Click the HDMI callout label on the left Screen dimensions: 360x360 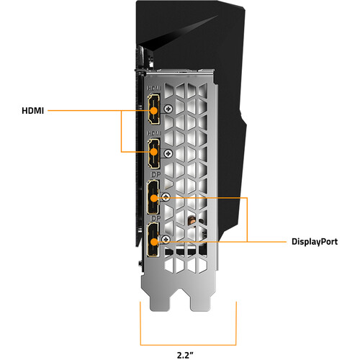32,111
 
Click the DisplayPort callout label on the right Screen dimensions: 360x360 315,241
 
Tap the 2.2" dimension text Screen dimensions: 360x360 185,355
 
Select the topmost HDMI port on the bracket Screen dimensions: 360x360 153,109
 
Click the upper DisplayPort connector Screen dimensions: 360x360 153,197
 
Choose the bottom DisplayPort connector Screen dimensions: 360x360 153,240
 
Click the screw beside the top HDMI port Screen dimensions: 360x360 168,109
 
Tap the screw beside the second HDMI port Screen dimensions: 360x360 168,153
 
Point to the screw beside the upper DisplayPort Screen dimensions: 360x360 166,197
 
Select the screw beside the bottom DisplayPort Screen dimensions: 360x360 166,239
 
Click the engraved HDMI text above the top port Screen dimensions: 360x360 154,89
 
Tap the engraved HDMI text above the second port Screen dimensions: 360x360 154,133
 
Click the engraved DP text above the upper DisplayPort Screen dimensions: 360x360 156,175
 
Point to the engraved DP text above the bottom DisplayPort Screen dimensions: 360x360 156,218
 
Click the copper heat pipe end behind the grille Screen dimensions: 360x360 192,220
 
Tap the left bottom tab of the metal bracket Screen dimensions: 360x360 161,301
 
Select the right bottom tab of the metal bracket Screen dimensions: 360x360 201,301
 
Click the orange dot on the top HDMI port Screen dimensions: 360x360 153,111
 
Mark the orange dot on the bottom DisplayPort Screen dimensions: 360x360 153,242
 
